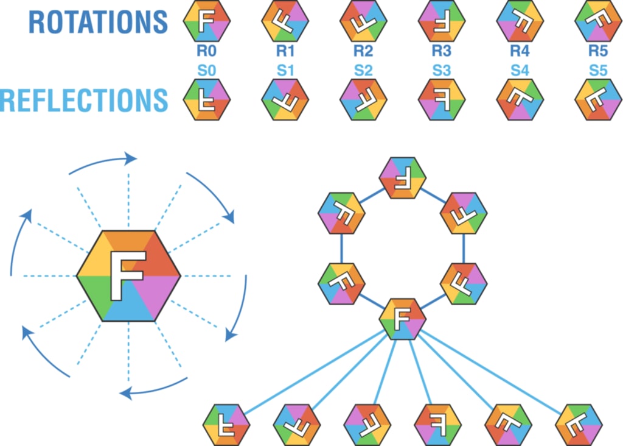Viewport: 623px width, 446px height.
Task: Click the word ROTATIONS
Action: tap(98, 22)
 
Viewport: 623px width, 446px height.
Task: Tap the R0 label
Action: tap(207, 52)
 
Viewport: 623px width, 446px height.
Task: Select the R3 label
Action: tap(442, 52)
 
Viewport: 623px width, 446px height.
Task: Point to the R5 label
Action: tap(598, 52)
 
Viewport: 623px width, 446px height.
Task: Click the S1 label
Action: tap(285, 70)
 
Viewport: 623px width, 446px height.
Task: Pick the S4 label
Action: tap(520, 70)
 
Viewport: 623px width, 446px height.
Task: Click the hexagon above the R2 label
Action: tap(363, 21)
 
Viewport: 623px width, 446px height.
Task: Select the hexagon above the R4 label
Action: tap(520, 21)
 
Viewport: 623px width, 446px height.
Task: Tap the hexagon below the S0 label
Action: tap(207, 100)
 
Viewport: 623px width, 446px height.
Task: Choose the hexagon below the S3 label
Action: tap(442, 100)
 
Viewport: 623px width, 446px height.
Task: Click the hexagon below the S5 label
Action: tap(598, 100)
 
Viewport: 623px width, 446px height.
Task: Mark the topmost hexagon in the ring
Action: tap(402, 177)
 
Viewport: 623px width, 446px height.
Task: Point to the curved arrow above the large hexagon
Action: tap(103, 163)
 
